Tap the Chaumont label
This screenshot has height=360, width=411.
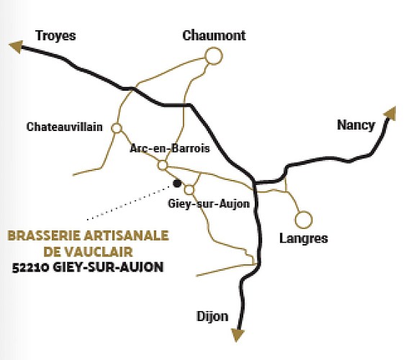(214, 35)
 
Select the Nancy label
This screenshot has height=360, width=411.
(356, 125)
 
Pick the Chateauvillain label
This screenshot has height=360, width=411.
(64, 127)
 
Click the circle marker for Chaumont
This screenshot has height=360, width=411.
(213, 55)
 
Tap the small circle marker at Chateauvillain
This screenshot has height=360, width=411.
(117, 127)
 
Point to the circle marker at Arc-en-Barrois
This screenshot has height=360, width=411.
(163, 166)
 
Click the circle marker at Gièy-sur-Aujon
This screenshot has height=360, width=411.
(189, 190)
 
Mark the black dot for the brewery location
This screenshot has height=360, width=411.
(177, 184)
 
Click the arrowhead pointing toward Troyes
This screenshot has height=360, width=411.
(14, 47)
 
